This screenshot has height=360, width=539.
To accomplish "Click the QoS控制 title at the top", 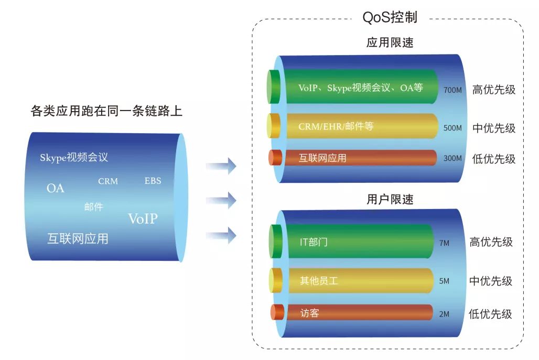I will coord(390,17).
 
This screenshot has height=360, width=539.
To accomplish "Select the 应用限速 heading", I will coord(390,43).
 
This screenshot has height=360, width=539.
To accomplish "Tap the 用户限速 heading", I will coord(390,199).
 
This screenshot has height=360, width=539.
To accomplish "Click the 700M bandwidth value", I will coord(452,90).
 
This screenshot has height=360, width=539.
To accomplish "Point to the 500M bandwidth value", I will coord(452,128).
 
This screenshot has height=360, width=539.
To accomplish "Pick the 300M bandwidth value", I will coord(452,158).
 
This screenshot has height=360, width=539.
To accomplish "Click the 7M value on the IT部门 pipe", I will coord(444,243).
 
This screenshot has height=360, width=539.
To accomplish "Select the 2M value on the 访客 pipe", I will coord(444,314).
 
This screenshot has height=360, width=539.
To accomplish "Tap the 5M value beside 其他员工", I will coord(444,281).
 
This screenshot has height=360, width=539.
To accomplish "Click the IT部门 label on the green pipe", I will coord(314,242).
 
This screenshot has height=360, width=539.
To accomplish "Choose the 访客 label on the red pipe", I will coord(309,313).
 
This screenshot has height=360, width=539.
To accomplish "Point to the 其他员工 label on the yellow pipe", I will coord(319,281).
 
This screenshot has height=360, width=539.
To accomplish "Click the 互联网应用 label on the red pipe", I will coord(322,158).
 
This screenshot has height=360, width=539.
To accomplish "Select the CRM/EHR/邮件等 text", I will coord(336,126).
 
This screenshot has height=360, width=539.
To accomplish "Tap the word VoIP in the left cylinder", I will coord(143,219).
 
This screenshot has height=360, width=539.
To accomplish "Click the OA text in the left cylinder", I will coord(55,188).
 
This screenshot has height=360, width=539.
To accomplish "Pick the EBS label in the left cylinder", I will coord(153,181).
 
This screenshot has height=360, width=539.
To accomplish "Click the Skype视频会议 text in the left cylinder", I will coord(74,158).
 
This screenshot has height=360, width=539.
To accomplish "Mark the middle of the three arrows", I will coord(221,200).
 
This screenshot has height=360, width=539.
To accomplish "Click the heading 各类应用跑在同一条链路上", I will coord(106,112).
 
